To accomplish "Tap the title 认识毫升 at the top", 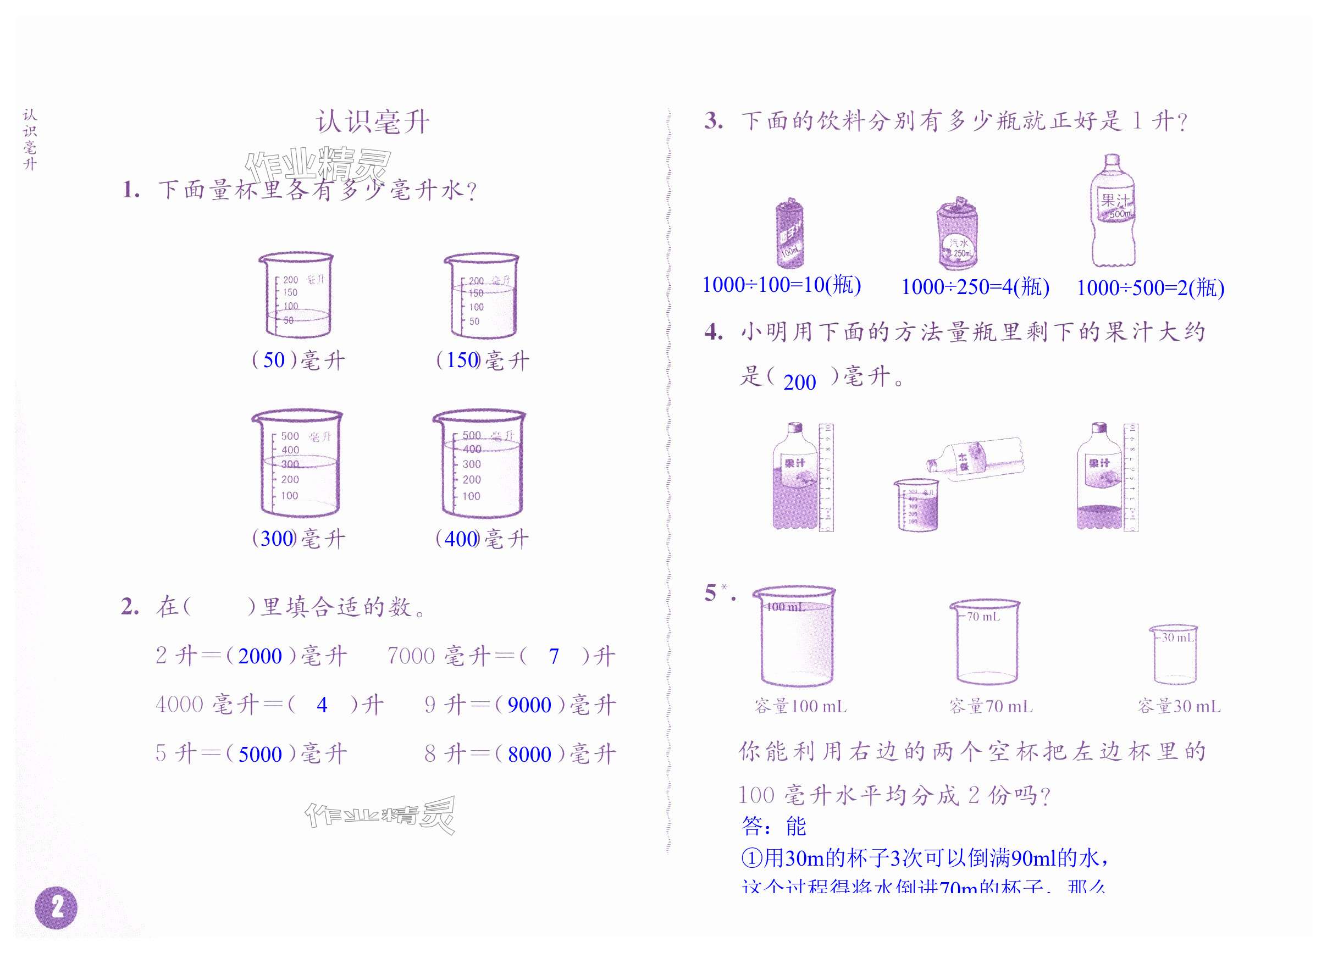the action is click(x=373, y=122).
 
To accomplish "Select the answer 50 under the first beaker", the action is click(x=274, y=360).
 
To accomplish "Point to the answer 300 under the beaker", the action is click(x=275, y=538).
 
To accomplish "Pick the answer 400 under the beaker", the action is click(x=461, y=538).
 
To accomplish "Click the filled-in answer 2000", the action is click(x=260, y=656).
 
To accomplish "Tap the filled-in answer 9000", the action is click(x=529, y=705).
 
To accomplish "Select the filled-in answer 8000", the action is click(x=529, y=754).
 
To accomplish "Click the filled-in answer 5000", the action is click(x=260, y=754).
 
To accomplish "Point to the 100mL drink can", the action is click(x=789, y=234).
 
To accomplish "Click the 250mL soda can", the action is click(x=958, y=234).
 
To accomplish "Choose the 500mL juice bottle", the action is click(x=1112, y=210).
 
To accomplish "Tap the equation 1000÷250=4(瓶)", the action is click(x=975, y=287).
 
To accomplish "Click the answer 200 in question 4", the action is click(x=799, y=383).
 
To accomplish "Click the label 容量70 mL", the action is click(x=991, y=707).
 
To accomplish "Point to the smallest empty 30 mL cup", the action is click(x=1175, y=653).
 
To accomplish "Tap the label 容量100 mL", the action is click(x=800, y=707).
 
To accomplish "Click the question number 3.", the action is click(x=713, y=121).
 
